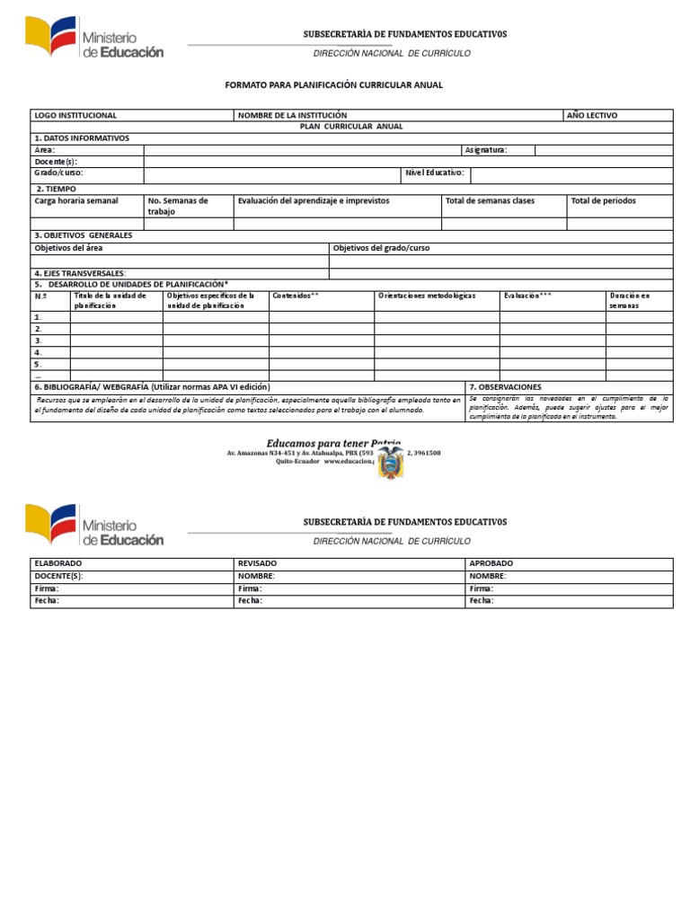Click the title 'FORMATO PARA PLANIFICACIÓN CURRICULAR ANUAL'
[x=333, y=84]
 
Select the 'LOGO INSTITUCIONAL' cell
[x=75, y=115]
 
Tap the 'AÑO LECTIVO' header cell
[x=591, y=115]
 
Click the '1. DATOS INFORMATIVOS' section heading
[x=82, y=138]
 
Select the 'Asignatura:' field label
[x=486, y=150]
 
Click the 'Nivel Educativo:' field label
[x=435, y=172]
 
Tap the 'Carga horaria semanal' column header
[x=76, y=200]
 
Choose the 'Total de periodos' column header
[x=603, y=200]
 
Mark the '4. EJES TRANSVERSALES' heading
[x=80, y=273]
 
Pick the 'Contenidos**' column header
[x=296, y=295]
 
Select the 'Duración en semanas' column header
[x=629, y=300]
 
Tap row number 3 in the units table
[x=39, y=341]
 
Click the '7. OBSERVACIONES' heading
[x=505, y=387]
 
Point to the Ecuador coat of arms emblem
[x=391, y=463]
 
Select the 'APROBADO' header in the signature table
[x=491, y=563]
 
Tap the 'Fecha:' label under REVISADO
[x=251, y=601]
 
